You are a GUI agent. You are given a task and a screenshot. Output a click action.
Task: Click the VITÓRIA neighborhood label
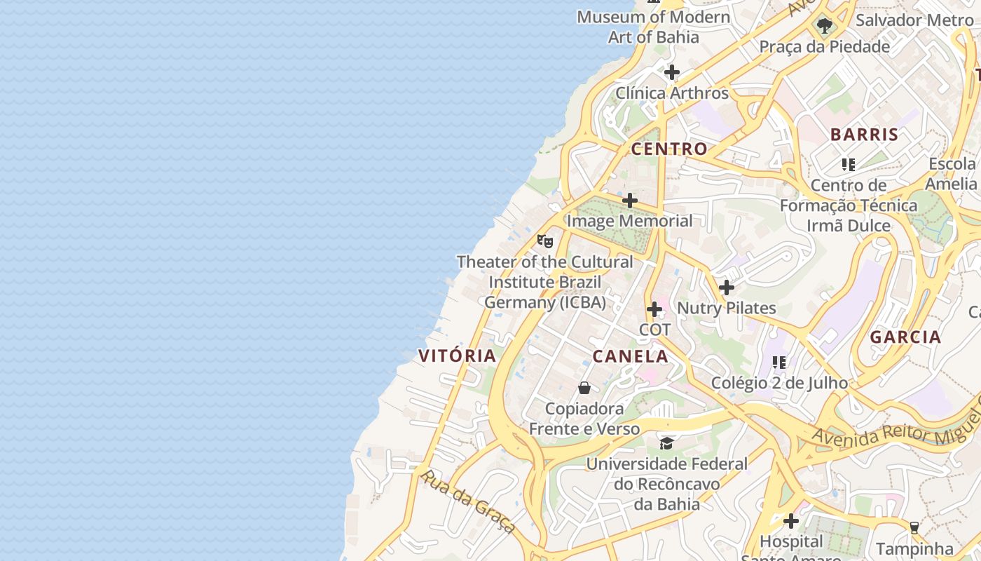pyautogui.click(x=457, y=356)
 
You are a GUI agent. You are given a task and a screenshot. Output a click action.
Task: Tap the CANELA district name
pyautogui.click(x=630, y=356)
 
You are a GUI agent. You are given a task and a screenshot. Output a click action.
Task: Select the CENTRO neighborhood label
pyautogui.click(x=668, y=149)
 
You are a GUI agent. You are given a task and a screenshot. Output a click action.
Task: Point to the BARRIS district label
pyautogui.click(x=864, y=135)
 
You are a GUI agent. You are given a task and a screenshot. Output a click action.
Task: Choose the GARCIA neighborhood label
pyautogui.click(x=905, y=337)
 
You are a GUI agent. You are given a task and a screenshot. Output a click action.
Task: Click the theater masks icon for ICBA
pyautogui.click(x=545, y=241)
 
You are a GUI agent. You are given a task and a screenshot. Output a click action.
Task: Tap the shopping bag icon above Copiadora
pyautogui.click(x=584, y=388)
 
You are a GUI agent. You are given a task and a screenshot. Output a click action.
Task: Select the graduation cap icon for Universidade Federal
pyautogui.click(x=666, y=443)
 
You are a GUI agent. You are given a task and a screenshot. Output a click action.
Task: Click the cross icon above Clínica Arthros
pyautogui.click(x=672, y=72)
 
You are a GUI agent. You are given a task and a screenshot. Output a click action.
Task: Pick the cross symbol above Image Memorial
pyautogui.click(x=630, y=201)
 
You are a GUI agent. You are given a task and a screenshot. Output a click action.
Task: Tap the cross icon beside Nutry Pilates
pyautogui.click(x=727, y=288)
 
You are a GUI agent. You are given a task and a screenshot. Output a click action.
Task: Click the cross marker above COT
pyautogui.click(x=654, y=309)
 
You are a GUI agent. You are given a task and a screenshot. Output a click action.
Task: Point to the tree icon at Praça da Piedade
pyautogui.click(x=825, y=27)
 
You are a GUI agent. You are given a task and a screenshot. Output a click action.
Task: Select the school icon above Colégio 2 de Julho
pyautogui.click(x=779, y=363)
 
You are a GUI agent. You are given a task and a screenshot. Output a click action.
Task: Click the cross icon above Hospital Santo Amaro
pyautogui.click(x=791, y=521)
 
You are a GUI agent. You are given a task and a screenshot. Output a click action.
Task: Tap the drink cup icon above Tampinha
pyautogui.click(x=914, y=527)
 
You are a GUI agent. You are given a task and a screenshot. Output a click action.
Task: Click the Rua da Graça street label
pyautogui.click(x=468, y=500)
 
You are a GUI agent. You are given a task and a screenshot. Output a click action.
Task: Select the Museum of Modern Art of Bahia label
pyautogui.click(x=653, y=27)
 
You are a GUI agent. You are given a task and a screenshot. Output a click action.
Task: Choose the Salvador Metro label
pyautogui.click(x=914, y=20)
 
